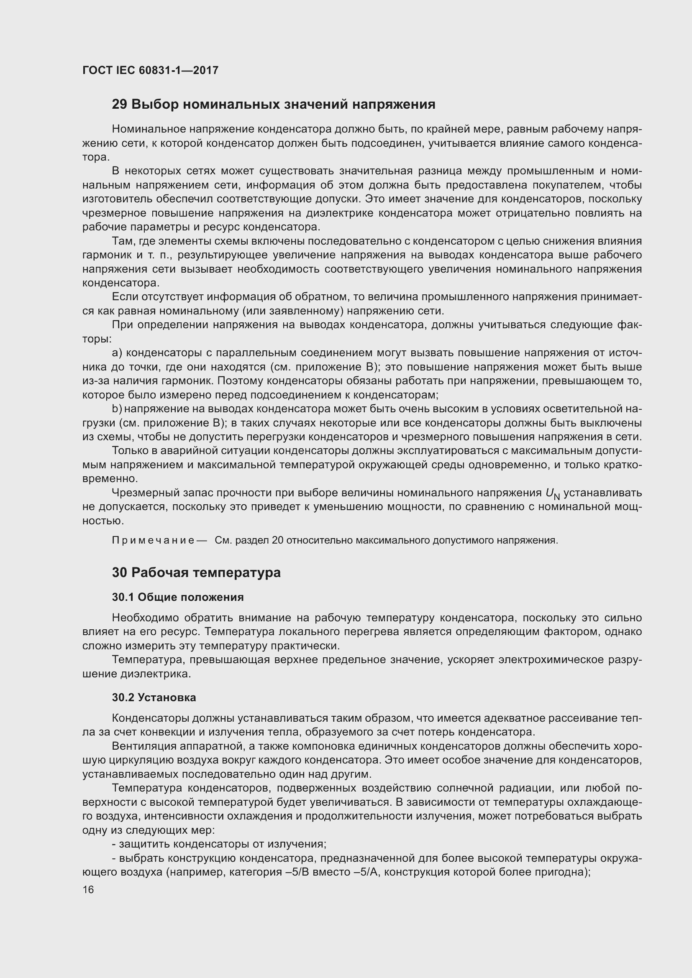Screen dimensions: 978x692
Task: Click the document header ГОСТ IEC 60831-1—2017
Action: [x=150, y=70]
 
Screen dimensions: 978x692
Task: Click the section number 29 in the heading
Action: [x=119, y=105]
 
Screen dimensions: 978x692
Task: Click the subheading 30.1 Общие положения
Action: [x=178, y=597]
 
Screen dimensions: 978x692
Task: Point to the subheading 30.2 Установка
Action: [x=154, y=697]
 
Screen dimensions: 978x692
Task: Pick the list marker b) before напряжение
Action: [x=117, y=409]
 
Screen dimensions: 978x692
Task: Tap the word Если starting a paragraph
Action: [x=123, y=297]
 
